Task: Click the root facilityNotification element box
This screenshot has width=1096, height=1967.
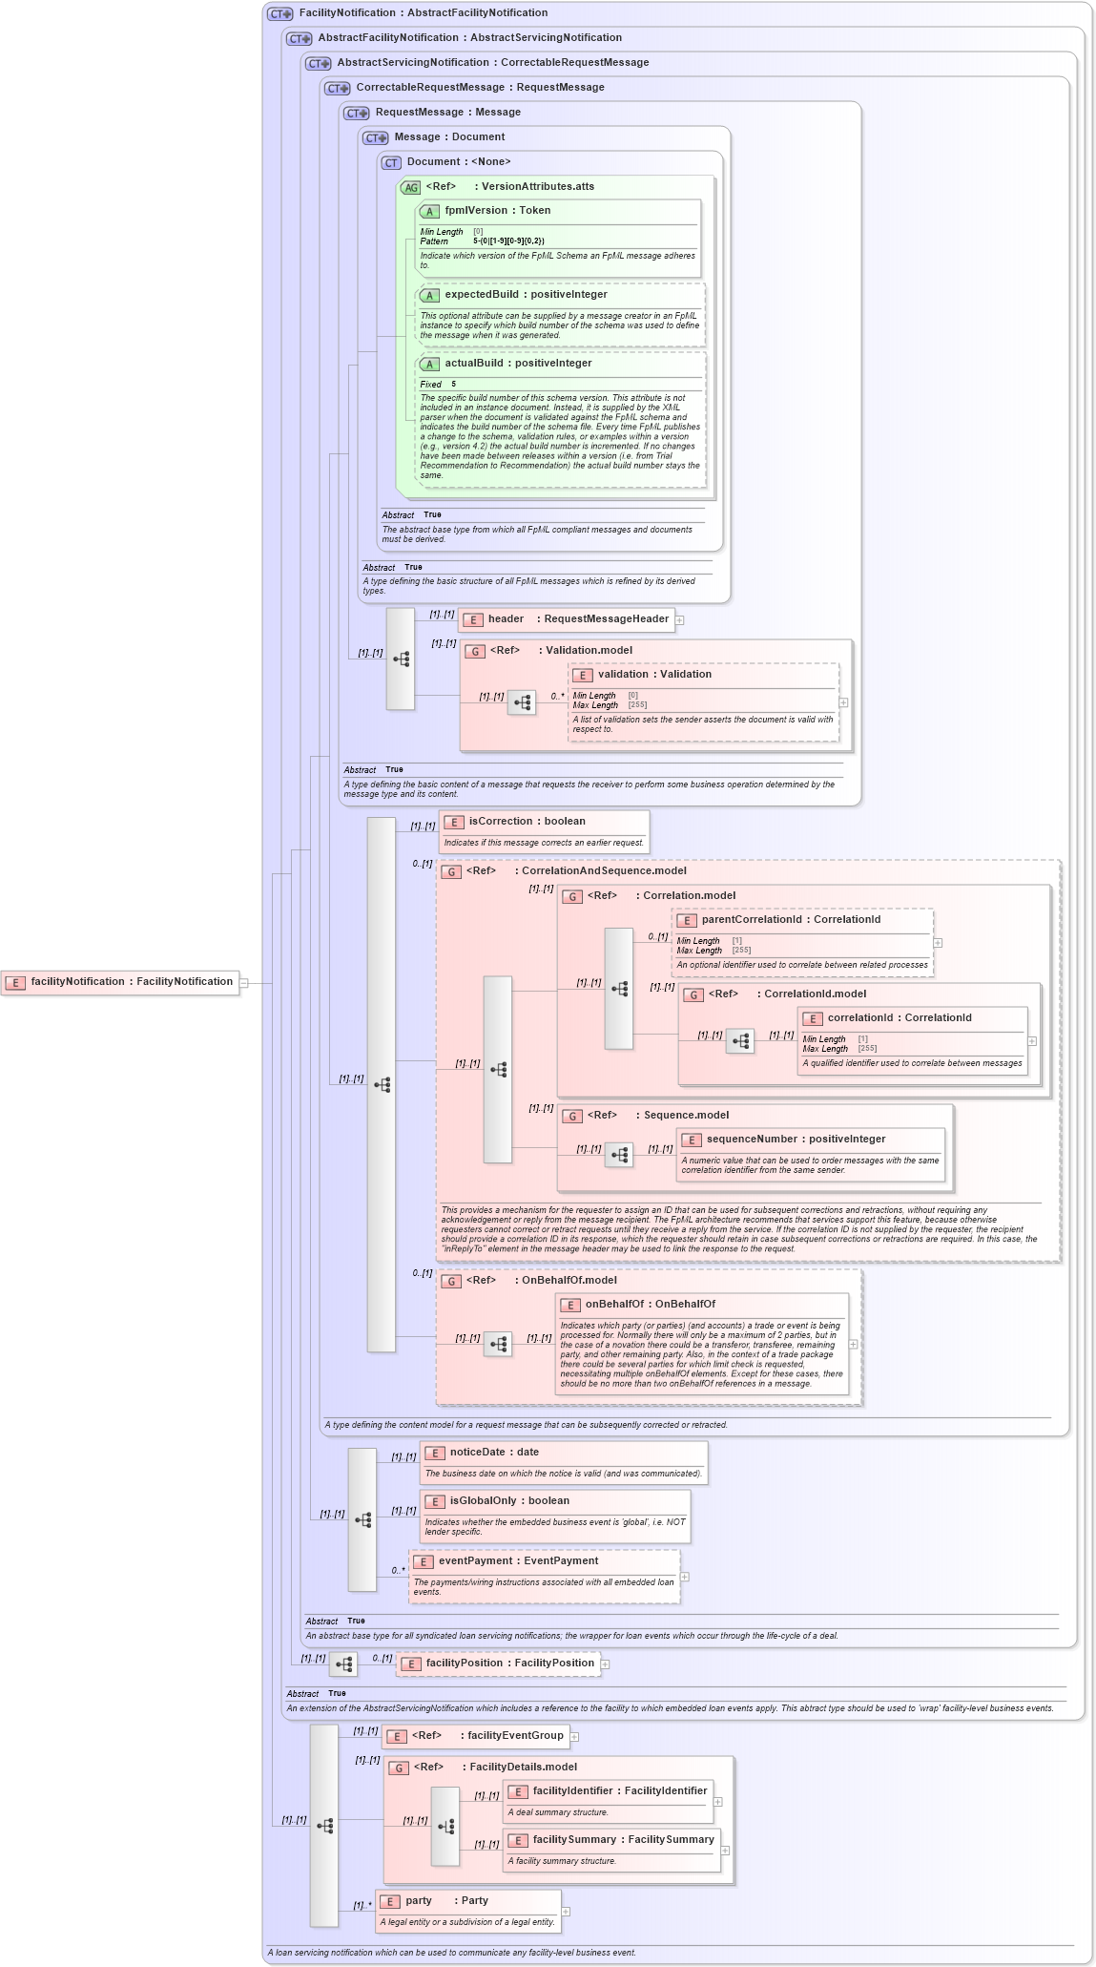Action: (x=120, y=982)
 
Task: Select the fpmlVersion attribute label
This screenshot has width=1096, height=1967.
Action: (x=497, y=211)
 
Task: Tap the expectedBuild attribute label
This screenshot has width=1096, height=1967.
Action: (x=525, y=295)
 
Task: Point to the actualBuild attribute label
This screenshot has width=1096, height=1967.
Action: (x=517, y=364)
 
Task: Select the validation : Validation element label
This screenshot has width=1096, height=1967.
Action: (x=654, y=675)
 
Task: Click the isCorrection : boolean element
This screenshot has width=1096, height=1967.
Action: (x=527, y=822)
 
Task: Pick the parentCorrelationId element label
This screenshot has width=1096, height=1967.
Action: (x=791, y=920)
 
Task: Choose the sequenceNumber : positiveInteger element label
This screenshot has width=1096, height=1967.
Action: (x=796, y=1140)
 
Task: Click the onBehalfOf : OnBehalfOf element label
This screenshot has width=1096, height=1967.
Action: (x=650, y=1305)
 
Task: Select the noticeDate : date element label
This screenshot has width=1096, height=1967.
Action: (x=494, y=1453)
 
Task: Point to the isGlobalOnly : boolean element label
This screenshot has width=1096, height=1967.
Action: (x=509, y=1501)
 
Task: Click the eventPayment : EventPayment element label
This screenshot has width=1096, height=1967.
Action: (x=518, y=1561)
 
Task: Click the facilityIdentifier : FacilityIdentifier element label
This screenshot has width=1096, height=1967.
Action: (x=619, y=1791)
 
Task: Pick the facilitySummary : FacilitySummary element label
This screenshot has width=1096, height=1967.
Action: (x=623, y=1840)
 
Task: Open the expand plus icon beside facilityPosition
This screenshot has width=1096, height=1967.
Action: (x=605, y=1664)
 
